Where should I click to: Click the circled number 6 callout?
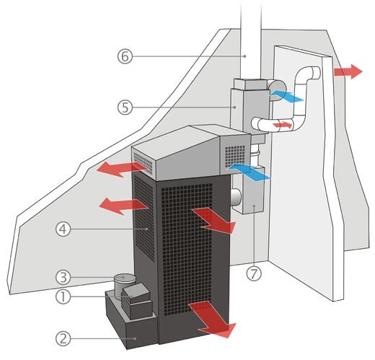[x=125, y=56]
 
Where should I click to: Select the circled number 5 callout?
[x=125, y=107]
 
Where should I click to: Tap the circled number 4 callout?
[x=63, y=229]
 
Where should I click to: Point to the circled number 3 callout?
[x=63, y=277]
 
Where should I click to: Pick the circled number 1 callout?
[x=63, y=297]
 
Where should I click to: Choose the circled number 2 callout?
[x=63, y=339]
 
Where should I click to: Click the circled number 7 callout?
[x=254, y=273]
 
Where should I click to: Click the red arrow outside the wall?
[x=348, y=71]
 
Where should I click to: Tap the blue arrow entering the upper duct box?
[x=286, y=96]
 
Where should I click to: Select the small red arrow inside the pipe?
[x=283, y=125]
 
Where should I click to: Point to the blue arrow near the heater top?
[x=249, y=171]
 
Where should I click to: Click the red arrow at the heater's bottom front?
[x=211, y=319]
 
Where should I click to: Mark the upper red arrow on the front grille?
[x=213, y=220]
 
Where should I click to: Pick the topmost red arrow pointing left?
[x=121, y=169]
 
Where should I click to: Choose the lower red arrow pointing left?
[x=123, y=206]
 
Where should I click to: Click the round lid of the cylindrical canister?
[x=125, y=278]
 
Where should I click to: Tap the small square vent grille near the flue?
[x=235, y=157]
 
